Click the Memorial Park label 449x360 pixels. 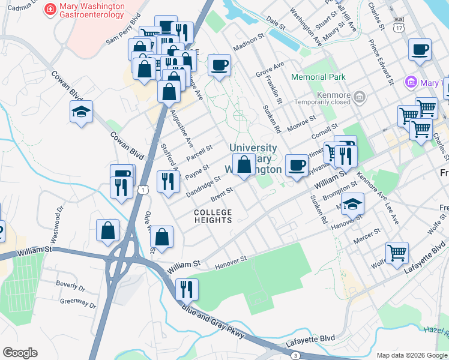point(318,77)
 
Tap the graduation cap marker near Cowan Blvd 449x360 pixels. point(82,112)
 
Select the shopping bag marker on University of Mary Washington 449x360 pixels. point(244,164)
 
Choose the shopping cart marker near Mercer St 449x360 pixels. point(397,253)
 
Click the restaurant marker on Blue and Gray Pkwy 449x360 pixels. point(187,290)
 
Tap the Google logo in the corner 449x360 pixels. point(20,353)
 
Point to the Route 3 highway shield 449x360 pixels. point(295,356)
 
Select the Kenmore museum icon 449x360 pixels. point(359,96)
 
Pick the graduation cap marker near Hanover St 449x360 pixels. point(353,203)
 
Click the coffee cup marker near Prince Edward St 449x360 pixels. point(420,50)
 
